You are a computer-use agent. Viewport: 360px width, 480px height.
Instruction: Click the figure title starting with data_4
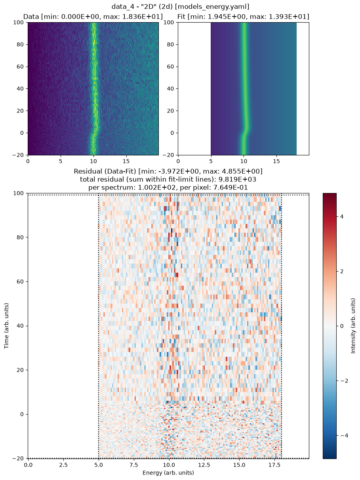tap(180, 7)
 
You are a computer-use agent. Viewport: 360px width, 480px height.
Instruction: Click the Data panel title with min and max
tap(93, 17)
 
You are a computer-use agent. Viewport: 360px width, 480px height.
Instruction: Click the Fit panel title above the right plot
tap(243, 17)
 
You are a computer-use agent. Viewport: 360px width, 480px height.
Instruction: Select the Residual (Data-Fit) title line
tap(168, 171)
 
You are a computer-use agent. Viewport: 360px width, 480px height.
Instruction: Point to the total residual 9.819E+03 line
tap(168, 179)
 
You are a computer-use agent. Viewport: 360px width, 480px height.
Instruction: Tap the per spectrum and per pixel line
tap(168, 187)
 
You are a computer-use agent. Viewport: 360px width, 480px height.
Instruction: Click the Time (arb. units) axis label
tap(6, 325)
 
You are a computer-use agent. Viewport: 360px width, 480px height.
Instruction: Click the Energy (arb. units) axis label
tap(168, 472)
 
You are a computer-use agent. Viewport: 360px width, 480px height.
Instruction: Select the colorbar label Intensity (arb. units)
tap(353, 325)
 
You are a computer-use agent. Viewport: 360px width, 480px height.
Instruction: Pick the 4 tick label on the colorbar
tap(342, 217)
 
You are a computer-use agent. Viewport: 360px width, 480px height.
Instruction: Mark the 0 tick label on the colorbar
tap(342, 326)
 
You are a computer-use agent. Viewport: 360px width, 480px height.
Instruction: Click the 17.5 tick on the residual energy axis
tap(274, 465)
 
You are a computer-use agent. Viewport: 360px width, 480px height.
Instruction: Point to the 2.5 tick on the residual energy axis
tap(63, 465)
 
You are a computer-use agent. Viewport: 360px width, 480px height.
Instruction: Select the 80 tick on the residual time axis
tap(20, 237)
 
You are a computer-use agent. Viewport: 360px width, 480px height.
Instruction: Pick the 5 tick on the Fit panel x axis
tap(211, 161)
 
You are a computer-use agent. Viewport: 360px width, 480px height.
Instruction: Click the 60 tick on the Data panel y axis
tap(20, 67)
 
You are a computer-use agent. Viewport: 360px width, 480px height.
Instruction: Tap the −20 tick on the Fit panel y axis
tap(168, 155)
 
